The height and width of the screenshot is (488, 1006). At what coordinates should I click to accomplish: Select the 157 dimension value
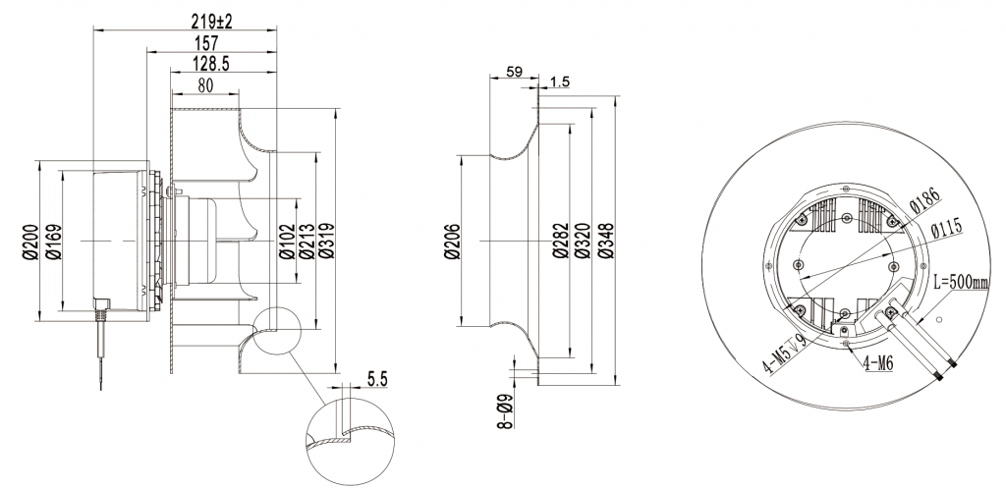(x=208, y=44)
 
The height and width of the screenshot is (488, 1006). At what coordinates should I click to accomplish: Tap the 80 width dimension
(x=205, y=85)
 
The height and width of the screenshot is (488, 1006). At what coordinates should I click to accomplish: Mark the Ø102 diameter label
(x=286, y=241)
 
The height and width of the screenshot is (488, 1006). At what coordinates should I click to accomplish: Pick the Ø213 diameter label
(x=306, y=241)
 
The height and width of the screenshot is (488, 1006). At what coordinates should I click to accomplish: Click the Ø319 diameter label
(x=326, y=241)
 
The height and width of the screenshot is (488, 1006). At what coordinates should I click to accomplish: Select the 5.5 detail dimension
(x=376, y=376)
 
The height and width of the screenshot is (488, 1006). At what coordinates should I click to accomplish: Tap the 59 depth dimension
(x=512, y=71)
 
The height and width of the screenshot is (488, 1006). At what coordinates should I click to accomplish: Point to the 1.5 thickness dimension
(x=561, y=81)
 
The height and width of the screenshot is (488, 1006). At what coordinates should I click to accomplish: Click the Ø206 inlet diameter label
(x=453, y=241)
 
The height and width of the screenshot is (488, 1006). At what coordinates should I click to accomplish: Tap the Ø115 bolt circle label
(x=946, y=228)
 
